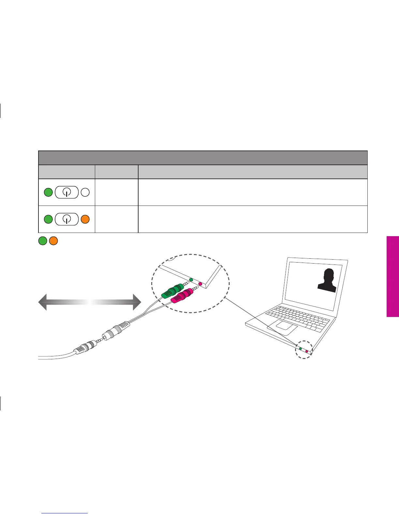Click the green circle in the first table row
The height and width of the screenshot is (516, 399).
click(x=48, y=192)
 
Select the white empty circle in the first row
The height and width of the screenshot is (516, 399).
click(x=85, y=192)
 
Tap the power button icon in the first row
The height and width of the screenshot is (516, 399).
click(x=66, y=193)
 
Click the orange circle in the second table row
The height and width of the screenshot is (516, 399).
click(x=85, y=219)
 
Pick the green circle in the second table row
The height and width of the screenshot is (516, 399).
click(x=48, y=219)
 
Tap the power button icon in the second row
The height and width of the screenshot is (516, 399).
click(x=66, y=219)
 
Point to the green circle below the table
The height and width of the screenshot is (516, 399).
click(x=43, y=241)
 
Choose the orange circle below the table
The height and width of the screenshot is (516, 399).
click(x=53, y=241)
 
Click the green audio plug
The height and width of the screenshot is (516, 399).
click(x=173, y=290)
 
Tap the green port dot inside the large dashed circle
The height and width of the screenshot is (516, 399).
click(x=191, y=279)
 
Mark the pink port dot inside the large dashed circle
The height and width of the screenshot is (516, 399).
click(x=200, y=284)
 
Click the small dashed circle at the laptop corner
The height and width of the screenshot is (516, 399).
click(x=303, y=350)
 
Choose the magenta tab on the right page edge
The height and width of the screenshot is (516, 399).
click(x=393, y=276)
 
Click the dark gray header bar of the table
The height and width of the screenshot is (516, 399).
click(x=203, y=158)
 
